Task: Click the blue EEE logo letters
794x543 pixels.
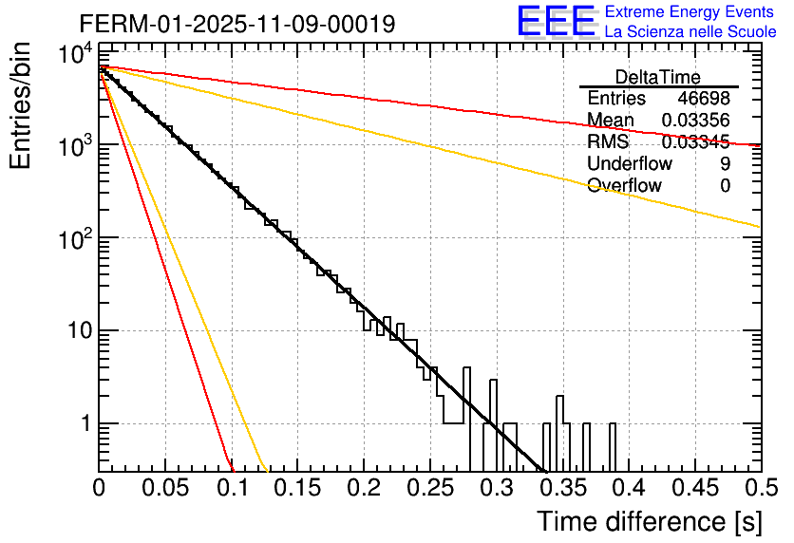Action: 556,23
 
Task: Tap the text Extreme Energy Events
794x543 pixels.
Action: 690,12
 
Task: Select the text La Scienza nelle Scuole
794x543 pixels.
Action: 690,31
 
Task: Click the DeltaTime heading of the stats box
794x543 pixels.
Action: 658,77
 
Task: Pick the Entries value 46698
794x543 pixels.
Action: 704,99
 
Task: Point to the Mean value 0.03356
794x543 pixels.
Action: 695,121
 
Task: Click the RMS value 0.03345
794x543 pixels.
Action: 695,142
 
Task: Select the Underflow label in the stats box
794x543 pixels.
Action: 630,164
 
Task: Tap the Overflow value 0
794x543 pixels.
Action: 725,186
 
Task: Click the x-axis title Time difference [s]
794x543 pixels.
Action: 649,521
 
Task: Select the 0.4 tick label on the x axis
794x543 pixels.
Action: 627,488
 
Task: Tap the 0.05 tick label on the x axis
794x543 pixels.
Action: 165,488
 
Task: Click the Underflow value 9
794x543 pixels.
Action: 725,164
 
